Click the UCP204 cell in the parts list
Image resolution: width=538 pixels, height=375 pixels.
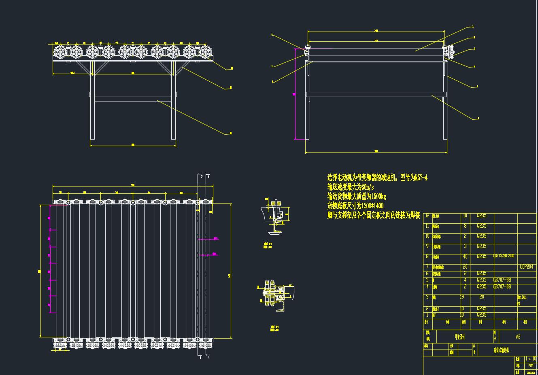526,267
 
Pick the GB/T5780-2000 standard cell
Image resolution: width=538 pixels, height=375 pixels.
504,256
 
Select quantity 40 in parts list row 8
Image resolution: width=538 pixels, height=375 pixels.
465,257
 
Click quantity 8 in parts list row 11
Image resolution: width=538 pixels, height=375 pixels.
465,226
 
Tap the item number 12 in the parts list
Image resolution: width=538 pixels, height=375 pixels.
427,216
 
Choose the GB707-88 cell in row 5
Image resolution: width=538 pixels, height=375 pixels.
502,280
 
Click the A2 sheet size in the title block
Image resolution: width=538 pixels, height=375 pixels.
518,337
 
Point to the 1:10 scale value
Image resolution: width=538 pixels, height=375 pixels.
530,359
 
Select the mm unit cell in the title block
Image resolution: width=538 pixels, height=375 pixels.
531,365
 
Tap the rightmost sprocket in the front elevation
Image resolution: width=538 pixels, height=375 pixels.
206,52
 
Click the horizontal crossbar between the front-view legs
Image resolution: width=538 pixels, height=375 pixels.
133,99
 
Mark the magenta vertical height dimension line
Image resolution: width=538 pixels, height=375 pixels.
295,94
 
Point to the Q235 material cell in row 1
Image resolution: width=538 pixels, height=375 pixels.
481,315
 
